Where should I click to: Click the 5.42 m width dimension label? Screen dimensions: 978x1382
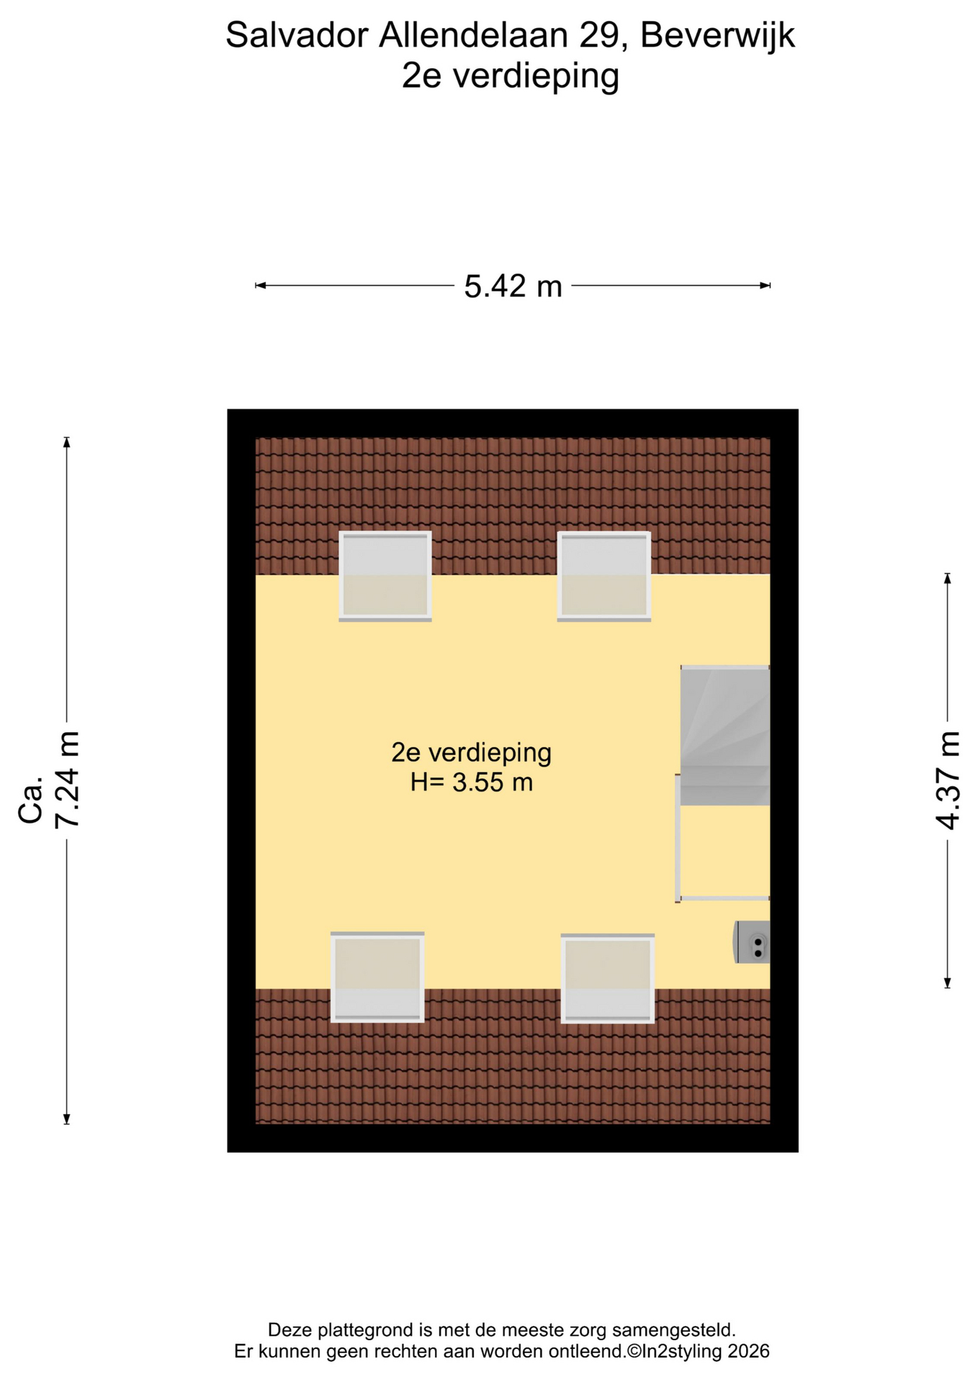[513, 286]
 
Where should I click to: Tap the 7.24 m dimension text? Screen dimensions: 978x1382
[68, 780]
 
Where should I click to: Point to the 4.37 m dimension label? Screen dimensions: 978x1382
[948, 780]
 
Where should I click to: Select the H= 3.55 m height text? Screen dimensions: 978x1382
[472, 782]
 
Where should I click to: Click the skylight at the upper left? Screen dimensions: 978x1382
[385, 576]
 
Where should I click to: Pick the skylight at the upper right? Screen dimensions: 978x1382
[604, 576]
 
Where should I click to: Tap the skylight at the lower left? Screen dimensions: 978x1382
[377, 977]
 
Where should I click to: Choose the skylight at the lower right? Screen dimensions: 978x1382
[608, 978]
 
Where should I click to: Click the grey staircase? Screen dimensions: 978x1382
[725, 736]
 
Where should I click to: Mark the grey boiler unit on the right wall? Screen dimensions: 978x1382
[752, 942]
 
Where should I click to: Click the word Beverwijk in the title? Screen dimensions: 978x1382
[717, 35]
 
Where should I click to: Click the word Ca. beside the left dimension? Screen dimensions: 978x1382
[31, 800]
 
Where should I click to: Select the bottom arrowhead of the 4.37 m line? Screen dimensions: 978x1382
[948, 983]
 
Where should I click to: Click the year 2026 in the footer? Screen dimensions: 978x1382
[748, 1351]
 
